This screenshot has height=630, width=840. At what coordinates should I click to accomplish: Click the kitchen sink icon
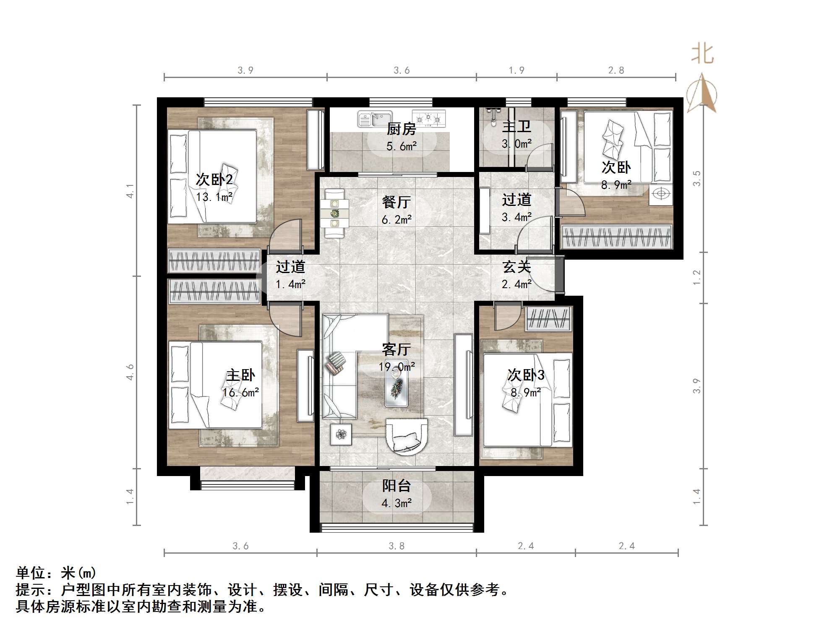click(x=374, y=119)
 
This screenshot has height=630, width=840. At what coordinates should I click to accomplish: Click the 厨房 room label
click(x=401, y=129)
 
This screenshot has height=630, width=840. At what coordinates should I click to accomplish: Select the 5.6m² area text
click(x=402, y=146)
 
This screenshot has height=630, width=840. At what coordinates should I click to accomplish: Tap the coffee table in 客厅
click(x=397, y=383)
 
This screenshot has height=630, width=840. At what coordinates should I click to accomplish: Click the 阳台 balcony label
click(x=396, y=486)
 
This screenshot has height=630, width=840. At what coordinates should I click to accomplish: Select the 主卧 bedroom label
click(x=240, y=375)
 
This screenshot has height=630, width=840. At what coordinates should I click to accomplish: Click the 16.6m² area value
click(x=240, y=393)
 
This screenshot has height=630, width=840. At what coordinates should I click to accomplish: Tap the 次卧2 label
click(x=214, y=180)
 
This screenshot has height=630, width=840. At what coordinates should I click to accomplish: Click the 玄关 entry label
click(x=517, y=267)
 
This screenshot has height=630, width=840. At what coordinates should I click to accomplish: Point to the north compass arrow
click(x=701, y=94)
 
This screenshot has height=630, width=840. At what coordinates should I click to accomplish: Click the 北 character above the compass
click(x=702, y=55)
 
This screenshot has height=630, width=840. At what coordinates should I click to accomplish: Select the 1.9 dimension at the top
click(x=517, y=70)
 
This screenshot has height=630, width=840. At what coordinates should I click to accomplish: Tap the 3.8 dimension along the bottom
click(x=397, y=546)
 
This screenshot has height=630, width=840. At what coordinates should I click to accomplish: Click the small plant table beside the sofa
click(x=341, y=434)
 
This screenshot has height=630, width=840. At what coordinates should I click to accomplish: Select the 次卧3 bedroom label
click(x=526, y=375)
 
